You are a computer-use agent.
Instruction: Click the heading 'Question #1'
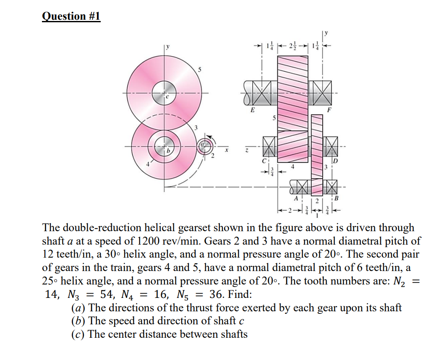point(71,16)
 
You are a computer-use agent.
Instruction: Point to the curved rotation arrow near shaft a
point(214,139)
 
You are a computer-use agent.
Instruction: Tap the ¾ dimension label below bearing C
point(271,171)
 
